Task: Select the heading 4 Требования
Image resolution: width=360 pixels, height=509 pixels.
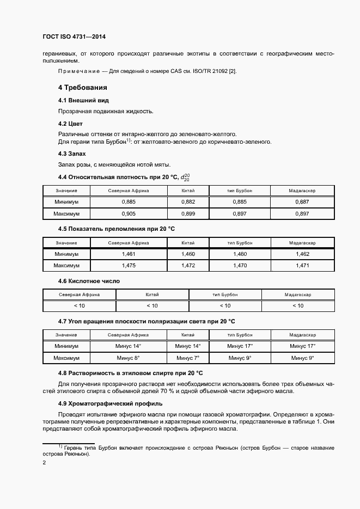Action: pos(82,88)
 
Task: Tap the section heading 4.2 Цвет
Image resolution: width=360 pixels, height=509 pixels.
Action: pos(70,124)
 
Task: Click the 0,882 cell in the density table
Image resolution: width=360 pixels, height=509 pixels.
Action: pos(188,202)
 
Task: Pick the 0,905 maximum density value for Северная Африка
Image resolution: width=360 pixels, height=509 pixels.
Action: pos(129,214)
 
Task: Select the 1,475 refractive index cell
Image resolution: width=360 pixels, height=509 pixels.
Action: pos(129,266)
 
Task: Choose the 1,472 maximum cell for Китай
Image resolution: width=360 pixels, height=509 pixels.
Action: pos(188,266)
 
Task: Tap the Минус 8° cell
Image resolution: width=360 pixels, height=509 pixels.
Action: pos(129,358)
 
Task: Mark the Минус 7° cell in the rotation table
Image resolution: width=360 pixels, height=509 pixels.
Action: pos(188,358)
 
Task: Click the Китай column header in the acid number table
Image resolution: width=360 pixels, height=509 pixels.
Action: pos(152,295)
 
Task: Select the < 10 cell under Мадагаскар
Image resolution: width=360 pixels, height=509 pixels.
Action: pos(297,306)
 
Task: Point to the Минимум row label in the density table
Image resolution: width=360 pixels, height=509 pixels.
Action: pos(66,202)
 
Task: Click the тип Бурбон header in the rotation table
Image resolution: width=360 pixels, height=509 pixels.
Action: pos(240,335)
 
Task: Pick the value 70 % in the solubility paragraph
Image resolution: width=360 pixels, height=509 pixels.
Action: pos(174,391)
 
